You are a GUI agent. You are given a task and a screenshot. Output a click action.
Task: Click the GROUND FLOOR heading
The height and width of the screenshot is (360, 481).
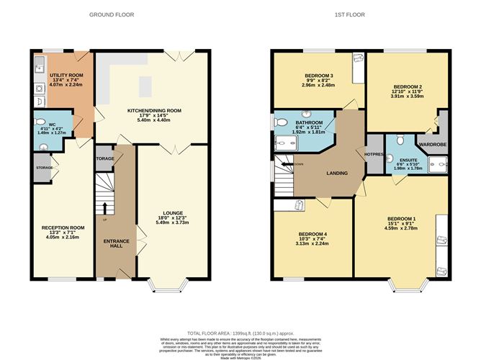point(109,14)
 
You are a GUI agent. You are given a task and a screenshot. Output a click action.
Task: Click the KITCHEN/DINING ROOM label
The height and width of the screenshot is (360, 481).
point(153,111)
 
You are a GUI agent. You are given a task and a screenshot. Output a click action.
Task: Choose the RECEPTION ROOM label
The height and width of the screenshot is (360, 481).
point(63,228)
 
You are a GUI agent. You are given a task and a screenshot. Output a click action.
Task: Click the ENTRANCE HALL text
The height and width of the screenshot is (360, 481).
point(112,243)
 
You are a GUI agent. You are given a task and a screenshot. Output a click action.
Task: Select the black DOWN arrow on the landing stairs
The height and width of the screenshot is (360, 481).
point(286,165)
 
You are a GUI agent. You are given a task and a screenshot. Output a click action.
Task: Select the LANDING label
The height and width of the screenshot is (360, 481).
point(337,173)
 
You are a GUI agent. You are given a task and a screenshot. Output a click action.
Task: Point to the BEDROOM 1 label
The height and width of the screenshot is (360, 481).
point(401,218)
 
